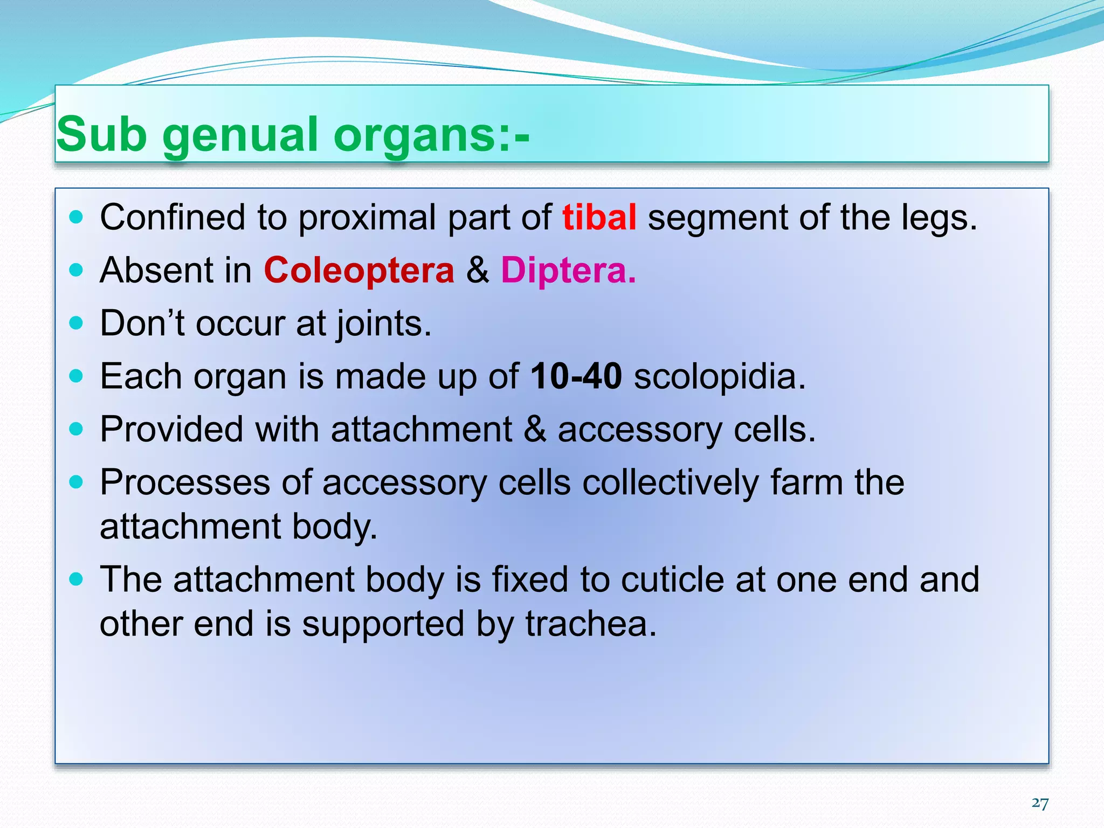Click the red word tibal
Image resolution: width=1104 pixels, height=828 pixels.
click(599, 218)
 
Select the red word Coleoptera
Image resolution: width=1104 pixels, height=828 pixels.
click(359, 271)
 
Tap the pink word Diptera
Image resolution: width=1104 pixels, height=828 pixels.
click(568, 271)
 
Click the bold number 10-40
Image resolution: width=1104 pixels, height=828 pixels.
click(576, 376)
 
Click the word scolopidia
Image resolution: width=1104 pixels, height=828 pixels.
click(719, 376)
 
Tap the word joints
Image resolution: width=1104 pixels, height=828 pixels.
click(384, 324)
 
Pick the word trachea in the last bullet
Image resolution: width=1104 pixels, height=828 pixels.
click(591, 624)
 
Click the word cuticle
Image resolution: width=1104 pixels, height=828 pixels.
click(672, 579)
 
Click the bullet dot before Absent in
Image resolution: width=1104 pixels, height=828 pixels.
click(77, 270)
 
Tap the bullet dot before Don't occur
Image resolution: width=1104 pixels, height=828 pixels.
click(77, 323)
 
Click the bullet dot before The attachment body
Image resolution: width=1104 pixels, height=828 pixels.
click(77, 579)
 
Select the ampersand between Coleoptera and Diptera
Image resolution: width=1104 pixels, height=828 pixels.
click(478, 271)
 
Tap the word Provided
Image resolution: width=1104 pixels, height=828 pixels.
click(171, 430)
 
